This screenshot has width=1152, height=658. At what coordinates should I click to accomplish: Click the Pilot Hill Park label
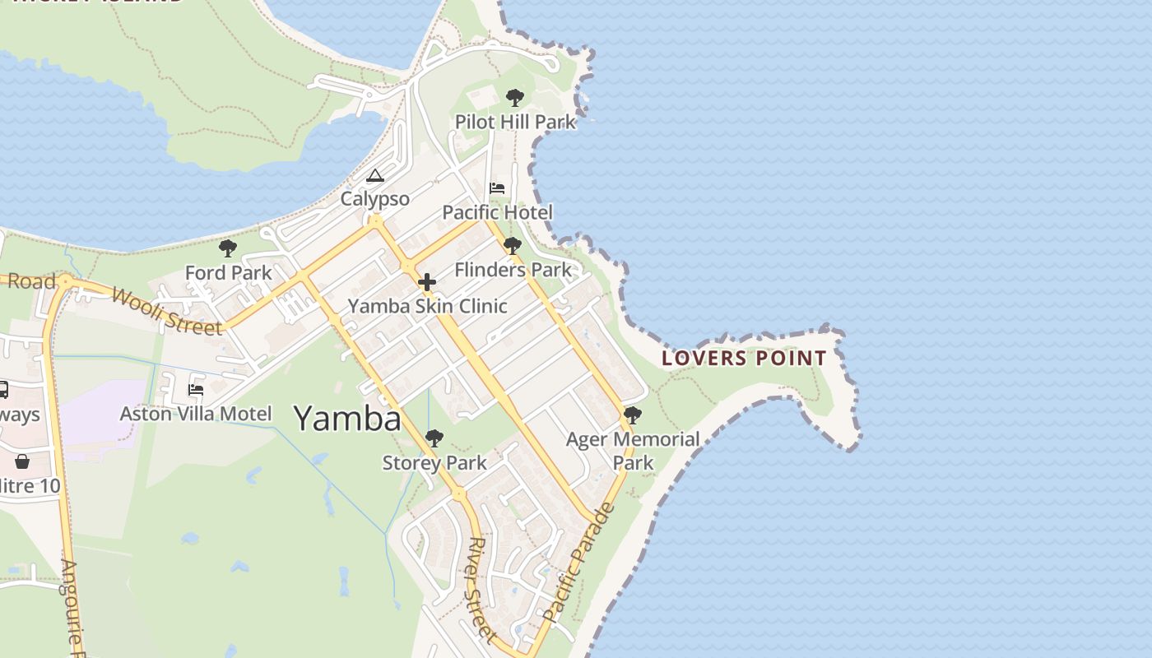[x=515, y=123]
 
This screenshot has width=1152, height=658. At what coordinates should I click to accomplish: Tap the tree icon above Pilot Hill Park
[x=515, y=98]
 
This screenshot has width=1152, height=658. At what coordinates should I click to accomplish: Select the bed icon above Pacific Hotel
[x=497, y=188]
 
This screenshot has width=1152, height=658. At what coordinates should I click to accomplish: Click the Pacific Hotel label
[x=497, y=212]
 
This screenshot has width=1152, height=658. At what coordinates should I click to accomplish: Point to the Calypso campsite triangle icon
[x=375, y=175]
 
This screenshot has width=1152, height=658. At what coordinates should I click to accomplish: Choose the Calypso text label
[x=375, y=199]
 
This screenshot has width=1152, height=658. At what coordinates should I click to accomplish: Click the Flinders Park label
[x=513, y=270]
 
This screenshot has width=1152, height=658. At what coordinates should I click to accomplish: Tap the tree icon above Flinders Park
[x=512, y=245]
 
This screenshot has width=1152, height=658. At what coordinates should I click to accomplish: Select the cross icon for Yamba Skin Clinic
[x=427, y=283]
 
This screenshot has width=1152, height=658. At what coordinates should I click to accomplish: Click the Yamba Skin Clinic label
[x=427, y=306]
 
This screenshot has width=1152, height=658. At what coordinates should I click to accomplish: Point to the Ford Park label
[x=228, y=272]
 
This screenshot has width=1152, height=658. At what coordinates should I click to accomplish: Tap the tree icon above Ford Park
[x=228, y=248]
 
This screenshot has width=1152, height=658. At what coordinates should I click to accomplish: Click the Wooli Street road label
[x=167, y=312]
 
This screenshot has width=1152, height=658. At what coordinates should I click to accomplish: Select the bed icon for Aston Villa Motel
[x=196, y=389]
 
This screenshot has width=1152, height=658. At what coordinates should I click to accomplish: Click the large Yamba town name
[x=347, y=419]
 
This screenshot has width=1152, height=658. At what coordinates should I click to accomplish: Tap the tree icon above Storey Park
[x=434, y=438]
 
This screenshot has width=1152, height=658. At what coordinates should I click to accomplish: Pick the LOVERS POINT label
[x=744, y=359]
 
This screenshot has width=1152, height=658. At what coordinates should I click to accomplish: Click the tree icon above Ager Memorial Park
[x=632, y=415]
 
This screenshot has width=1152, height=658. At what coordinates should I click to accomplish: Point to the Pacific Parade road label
[x=579, y=561]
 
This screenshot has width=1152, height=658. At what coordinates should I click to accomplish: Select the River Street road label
[x=481, y=589]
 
